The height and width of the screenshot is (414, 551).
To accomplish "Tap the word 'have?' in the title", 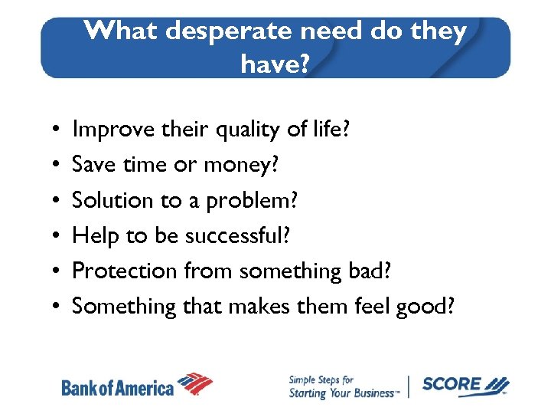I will click(x=275, y=64).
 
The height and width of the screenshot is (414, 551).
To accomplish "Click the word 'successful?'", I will click(x=238, y=236).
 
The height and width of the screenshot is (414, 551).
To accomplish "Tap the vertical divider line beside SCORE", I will click(x=410, y=386).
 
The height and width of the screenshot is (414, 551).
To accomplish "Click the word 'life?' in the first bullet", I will click(x=327, y=130).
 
